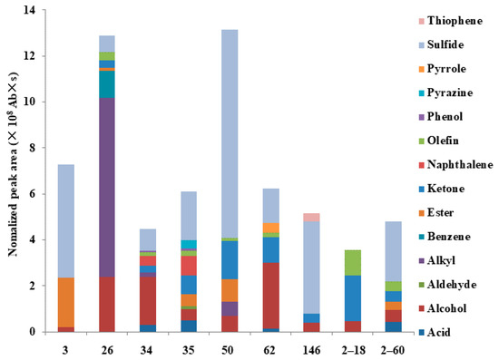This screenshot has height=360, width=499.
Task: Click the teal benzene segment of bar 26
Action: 107,83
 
